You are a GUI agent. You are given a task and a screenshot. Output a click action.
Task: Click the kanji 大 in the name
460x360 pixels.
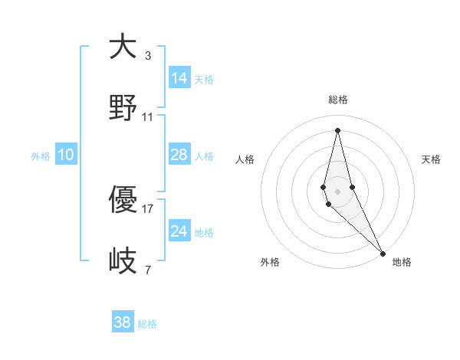point(123,47)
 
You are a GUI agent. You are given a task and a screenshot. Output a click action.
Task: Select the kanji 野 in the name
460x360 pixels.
point(123,108)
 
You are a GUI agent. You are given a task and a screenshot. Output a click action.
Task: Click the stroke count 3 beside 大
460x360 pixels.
point(148,56)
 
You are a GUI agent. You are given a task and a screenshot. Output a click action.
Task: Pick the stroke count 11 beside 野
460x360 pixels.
point(148,117)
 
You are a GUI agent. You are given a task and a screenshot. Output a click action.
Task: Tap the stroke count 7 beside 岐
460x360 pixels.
point(148,270)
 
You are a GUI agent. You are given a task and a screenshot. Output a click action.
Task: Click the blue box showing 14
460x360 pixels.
point(179,78)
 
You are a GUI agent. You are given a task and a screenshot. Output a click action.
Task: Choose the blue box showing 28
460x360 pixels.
point(179,155)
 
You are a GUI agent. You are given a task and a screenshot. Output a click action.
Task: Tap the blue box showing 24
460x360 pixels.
point(179,231)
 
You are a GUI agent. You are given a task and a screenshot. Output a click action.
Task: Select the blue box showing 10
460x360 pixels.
point(66,155)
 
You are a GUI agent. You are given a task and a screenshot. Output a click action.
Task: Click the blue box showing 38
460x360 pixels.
point(123,322)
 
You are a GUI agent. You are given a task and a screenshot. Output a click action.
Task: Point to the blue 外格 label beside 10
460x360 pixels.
point(41,156)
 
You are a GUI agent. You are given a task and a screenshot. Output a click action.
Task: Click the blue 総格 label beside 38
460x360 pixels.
point(147,324)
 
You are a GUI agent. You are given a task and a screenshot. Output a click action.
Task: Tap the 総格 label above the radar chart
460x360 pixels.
point(337,100)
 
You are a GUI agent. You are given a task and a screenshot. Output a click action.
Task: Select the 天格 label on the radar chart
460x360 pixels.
point(431,159)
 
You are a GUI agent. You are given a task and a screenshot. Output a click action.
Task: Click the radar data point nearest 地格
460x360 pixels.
point(383,252)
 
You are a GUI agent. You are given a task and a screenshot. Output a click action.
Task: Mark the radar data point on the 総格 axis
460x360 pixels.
point(337,129)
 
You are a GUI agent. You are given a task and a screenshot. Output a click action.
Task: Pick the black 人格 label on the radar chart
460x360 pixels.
point(245,159)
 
